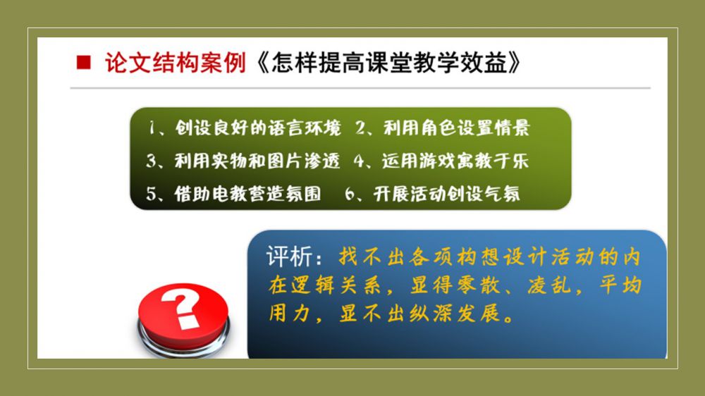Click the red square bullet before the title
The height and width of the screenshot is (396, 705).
(84, 62)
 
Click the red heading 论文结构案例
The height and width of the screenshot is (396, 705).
(176, 63)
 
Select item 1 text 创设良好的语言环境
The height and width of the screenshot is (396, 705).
(258, 128)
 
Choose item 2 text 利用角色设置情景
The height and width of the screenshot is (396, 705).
(457, 128)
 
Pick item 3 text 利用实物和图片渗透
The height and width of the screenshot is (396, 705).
(257, 161)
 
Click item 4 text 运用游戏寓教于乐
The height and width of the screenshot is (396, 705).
(455, 161)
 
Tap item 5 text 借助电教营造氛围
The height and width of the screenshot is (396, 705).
(247, 194)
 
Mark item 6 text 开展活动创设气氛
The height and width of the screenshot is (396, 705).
(446, 194)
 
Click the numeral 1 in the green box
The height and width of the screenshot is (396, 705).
(152, 128)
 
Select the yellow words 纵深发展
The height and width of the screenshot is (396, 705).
(455, 314)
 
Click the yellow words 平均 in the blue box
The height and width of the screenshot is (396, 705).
(620, 285)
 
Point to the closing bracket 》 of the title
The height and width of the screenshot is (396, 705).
(515, 63)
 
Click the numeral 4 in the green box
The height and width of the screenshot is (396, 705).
(359, 161)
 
